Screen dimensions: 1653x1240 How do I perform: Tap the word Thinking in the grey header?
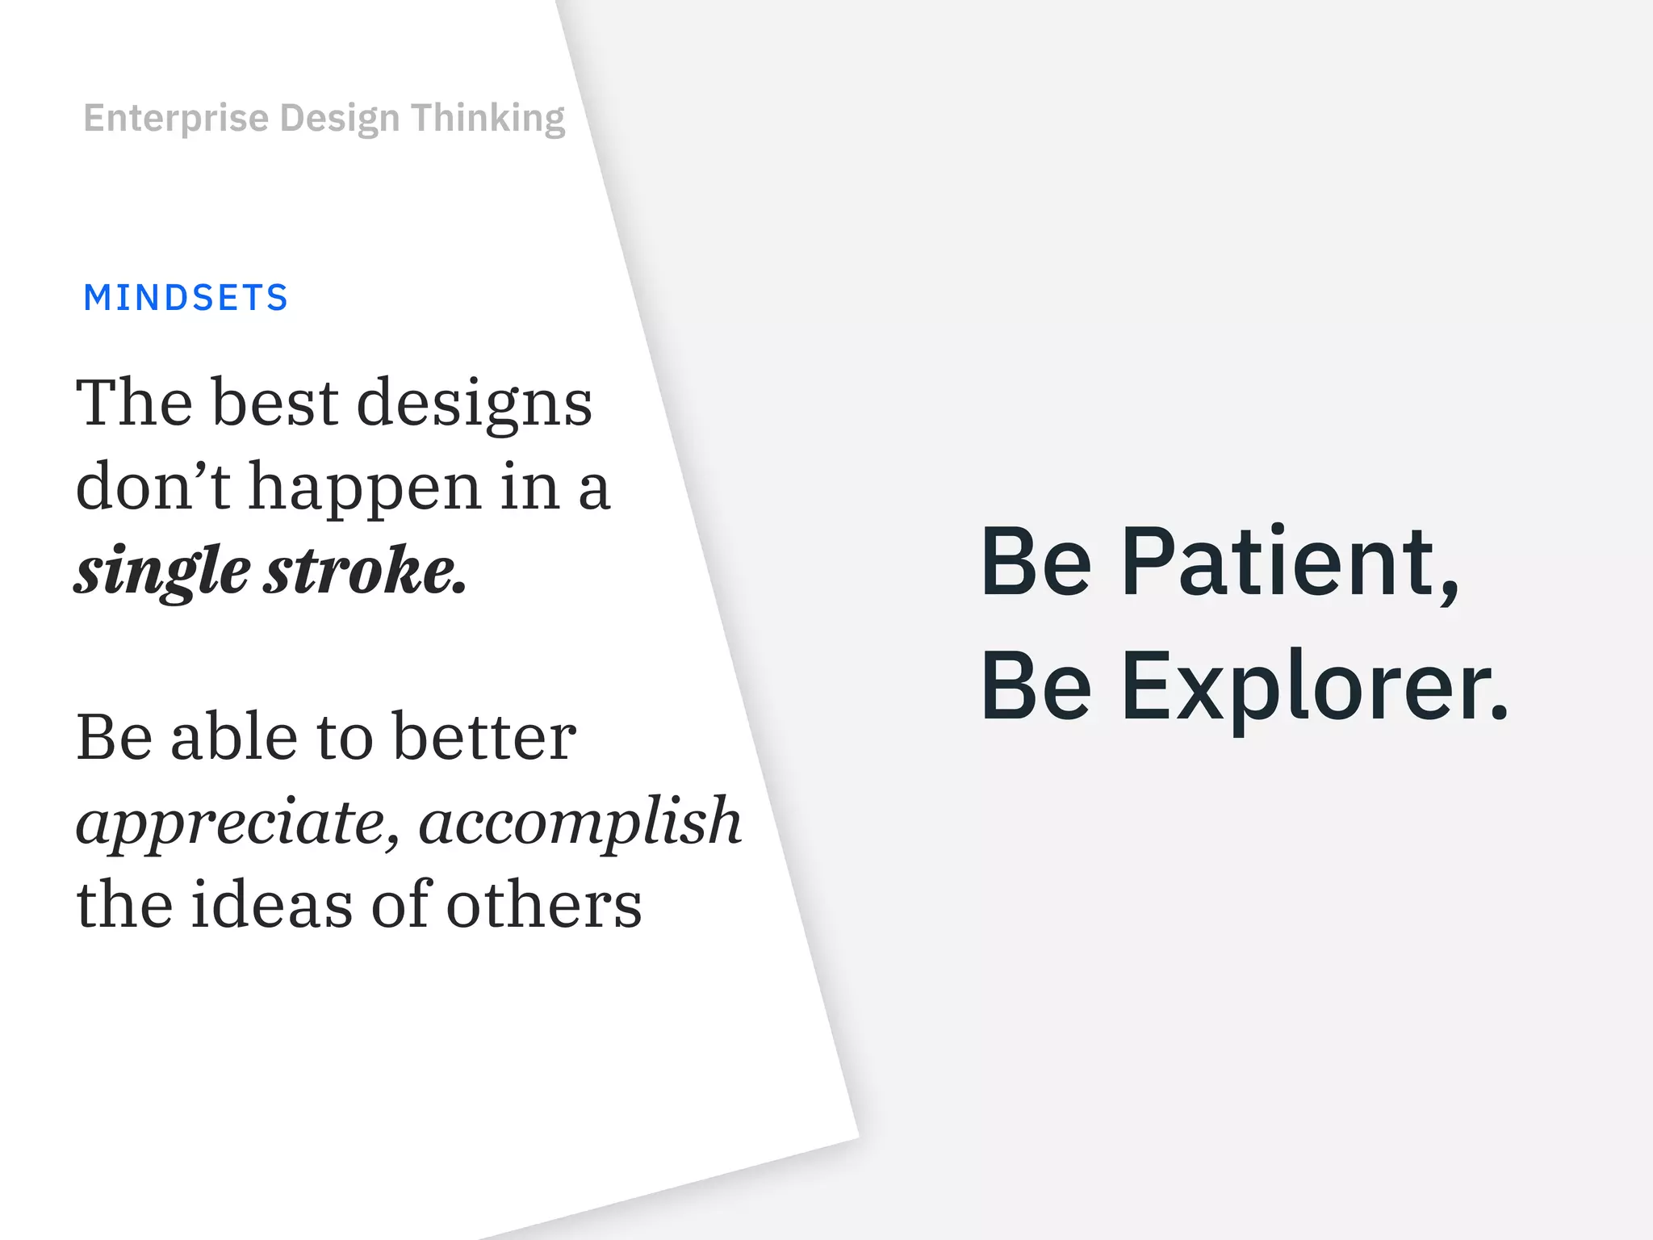click(x=488, y=119)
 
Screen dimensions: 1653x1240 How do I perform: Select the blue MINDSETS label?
click(x=186, y=298)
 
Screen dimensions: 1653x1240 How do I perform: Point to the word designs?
click(x=475, y=404)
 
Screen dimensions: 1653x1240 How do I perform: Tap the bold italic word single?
click(x=162, y=572)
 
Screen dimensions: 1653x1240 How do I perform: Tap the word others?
click(x=543, y=904)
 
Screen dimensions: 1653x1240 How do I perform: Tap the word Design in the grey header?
click(x=340, y=119)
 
